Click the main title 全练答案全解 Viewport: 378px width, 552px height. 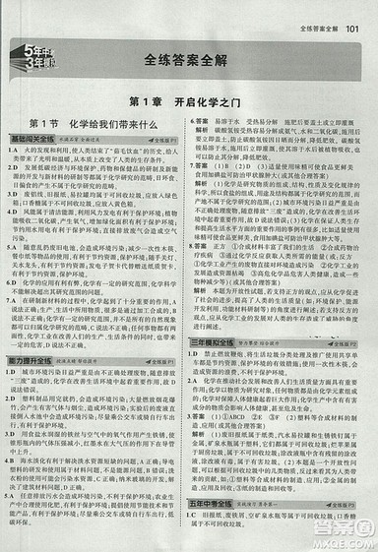188,59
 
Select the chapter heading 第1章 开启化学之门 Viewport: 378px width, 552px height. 189,102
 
